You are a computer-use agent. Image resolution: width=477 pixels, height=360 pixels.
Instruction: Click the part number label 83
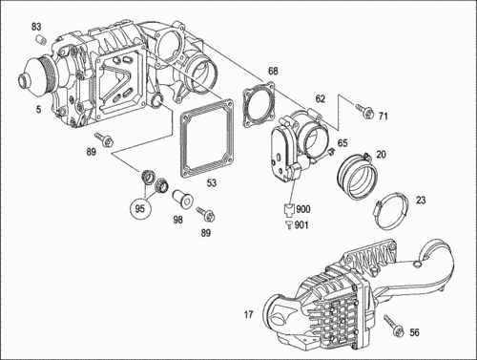click(x=36, y=27)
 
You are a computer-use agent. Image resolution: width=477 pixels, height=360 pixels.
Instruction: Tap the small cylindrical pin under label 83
click(x=40, y=40)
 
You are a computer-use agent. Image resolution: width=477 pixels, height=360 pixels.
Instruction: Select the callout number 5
click(x=38, y=110)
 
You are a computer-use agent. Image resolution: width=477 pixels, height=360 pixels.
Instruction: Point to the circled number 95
click(x=140, y=208)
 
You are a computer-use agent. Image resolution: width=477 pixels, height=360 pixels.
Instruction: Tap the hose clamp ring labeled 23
click(x=391, y=211)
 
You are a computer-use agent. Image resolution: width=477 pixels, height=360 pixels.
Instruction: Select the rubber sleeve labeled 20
click(x=357, y=176)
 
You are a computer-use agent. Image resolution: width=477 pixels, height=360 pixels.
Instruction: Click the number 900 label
click(x=303, y=209)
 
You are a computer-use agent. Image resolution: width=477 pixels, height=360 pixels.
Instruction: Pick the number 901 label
click(x=301, y=225)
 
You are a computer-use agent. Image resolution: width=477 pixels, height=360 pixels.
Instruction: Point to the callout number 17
click(x=248, y=315)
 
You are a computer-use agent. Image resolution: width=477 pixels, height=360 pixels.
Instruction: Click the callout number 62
click(x=321, y=99)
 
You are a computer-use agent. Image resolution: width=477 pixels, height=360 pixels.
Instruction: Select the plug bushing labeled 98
click(x=183, y=200)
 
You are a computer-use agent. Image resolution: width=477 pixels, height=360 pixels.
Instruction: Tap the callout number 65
click(x=342, y=143)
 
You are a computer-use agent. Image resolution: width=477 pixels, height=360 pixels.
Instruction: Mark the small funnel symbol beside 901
click(x=288, y=224)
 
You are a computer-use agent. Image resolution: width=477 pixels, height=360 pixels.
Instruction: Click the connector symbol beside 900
click(x=289, y=209)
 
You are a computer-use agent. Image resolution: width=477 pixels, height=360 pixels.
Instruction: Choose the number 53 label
click(x=212, y=182)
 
